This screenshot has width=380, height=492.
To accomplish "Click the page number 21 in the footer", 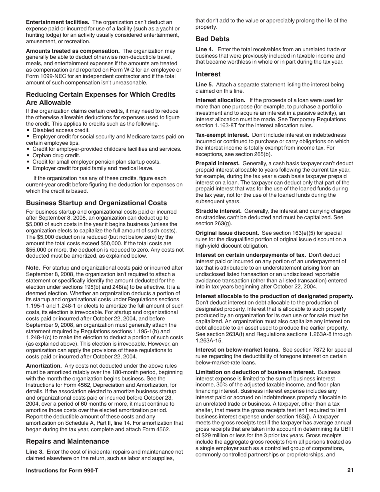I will [x=350, y=471].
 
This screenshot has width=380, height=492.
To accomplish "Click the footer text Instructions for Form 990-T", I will [x=62, y=471].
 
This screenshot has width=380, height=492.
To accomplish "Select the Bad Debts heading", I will [x=212, y=39].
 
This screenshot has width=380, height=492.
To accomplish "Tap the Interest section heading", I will [x=208, y=74].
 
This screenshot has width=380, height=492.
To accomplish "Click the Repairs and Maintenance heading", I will [x=67, y=441].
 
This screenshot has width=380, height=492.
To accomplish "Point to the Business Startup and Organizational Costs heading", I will [x=96, y=203].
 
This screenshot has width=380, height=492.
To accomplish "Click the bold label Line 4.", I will [x=204, y=50].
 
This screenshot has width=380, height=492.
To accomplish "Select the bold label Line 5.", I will [x=204, y=85].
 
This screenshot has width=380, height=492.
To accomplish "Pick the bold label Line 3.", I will [x=34, y=452].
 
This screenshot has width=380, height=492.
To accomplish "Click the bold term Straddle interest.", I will [x=218, y=211].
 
